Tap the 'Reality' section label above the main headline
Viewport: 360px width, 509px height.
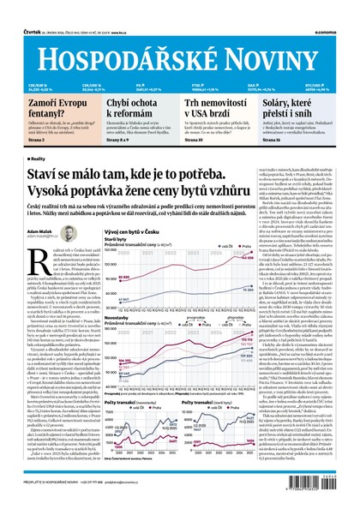point(38,159)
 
